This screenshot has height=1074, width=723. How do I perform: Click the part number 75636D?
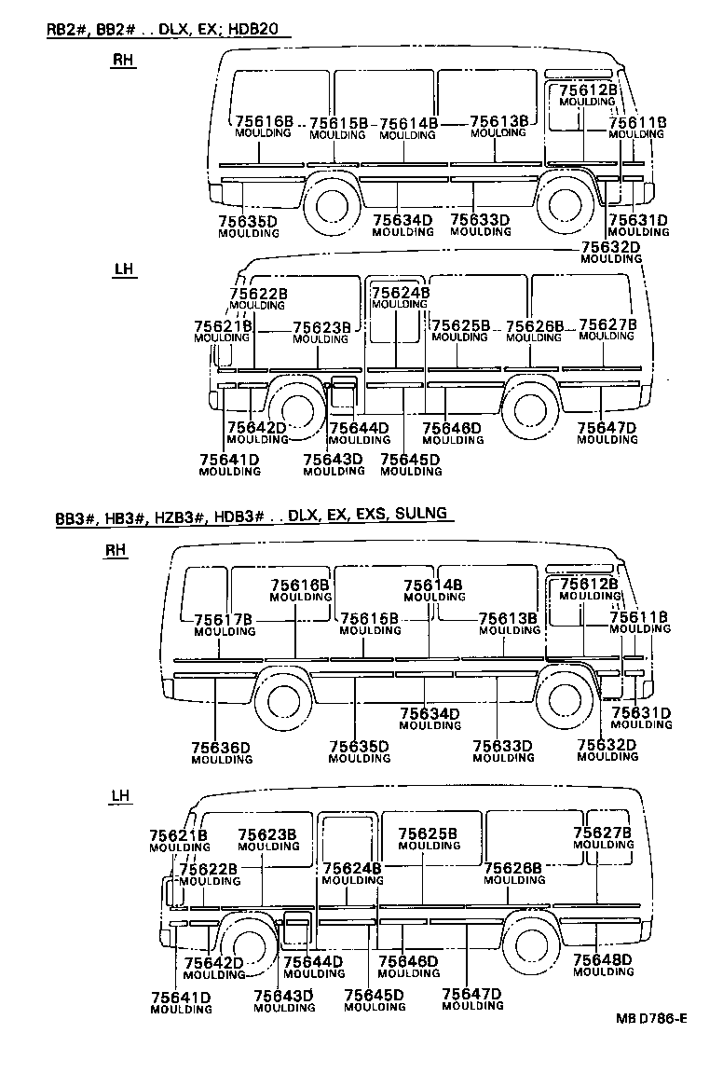(x=222, y=747)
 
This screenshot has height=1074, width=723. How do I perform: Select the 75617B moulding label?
(x=224, y=619)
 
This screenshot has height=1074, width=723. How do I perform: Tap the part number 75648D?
(x=603, y=959)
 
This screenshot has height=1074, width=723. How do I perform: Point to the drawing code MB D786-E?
(x=651, y=1018)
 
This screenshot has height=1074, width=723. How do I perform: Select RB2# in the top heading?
(x=66, y=29)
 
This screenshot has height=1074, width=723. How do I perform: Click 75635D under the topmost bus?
(x=248, y=221)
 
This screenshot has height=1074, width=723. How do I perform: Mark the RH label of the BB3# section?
(x=115, y=550)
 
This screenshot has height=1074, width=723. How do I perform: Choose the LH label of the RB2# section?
(x=123, y=269)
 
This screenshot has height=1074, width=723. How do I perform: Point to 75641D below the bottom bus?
(x=180, y=998)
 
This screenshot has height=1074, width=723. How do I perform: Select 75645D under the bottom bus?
(x=374, y=995)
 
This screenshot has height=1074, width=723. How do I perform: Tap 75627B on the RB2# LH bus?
(x=607, y=324)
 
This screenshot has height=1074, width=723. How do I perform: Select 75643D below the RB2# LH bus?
(x=333, y=459)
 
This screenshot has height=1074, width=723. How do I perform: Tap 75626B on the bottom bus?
(x=513, y=868)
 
